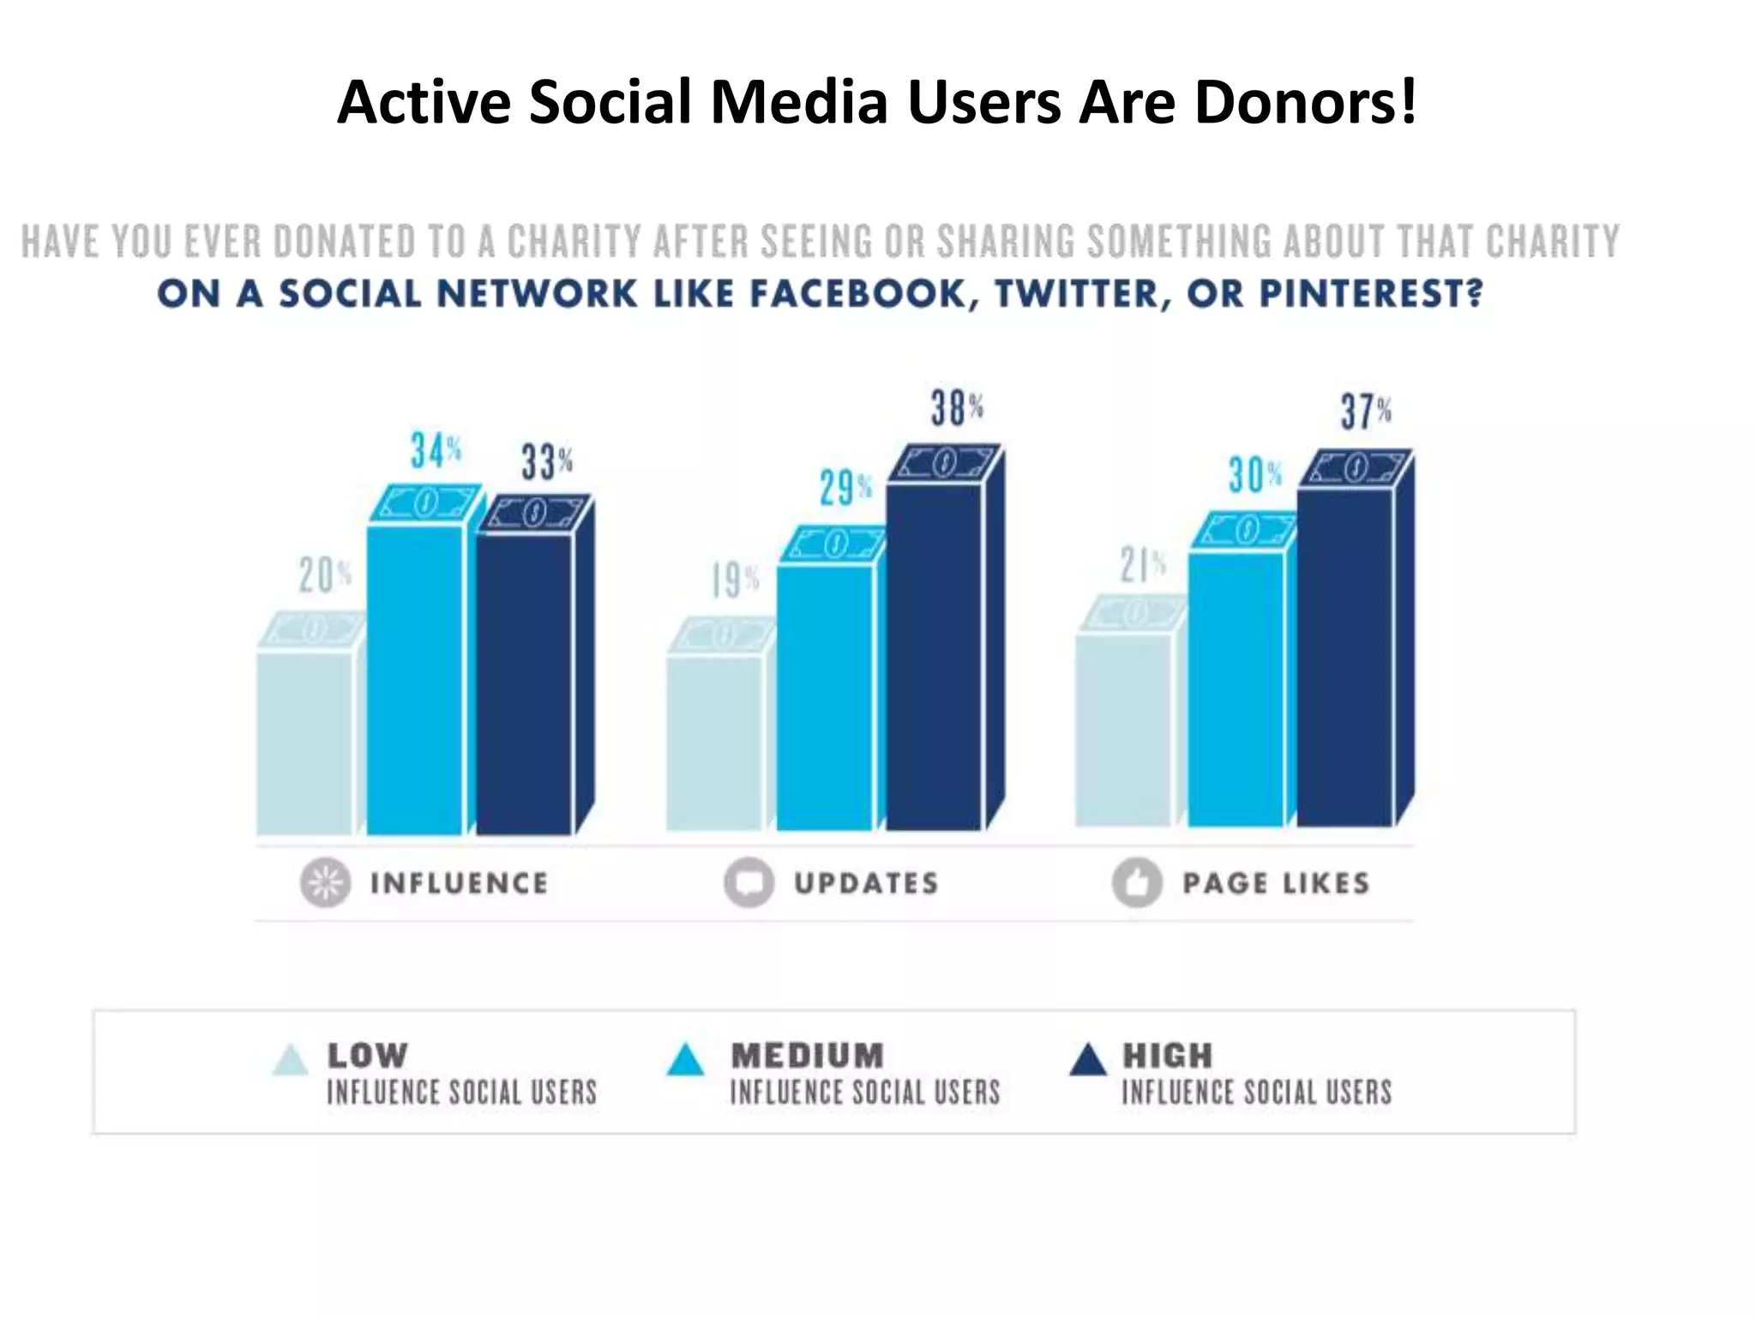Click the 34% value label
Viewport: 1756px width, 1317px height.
pyautogui.click(x=436, y=451)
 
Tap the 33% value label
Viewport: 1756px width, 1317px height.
pyautogui.click(x=546, y=462)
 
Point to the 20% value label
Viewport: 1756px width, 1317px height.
pyautogui.click(x=324, y=575)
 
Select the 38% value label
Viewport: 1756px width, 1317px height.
pyautogui.click(x=956, y=409)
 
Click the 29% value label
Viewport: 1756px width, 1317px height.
pyautogui.click(x=845, y=489)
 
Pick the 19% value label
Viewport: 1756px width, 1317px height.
pyautogui.click(x=735, y=581)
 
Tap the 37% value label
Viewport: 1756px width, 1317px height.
pyautogui.click(x=1366, y=412)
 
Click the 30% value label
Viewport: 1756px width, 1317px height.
pyautogui.click(x=1254, y=475)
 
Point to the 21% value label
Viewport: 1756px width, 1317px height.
pyautogui.click(x=1142, y=566)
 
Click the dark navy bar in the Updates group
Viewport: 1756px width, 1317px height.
pyautogui.click(x=935, y=656)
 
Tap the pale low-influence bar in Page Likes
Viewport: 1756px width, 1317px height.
pyautogui.click(x=1123, y=729)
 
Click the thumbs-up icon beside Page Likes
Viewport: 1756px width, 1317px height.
pyautogui.click(x=1137, y=882)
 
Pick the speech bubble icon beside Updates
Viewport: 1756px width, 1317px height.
pyautogui.click(x=749, y=882)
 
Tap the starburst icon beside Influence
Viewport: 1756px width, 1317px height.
pyautogui.click(x=325, y=882)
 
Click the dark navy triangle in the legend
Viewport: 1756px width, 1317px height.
pyautogui.click(x=1089, y=1060)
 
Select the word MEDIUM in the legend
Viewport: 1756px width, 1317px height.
pyautogui.click(x=807, y=1055)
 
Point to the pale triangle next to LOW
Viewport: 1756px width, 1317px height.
pyautogui.click(x=290, y=1060)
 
